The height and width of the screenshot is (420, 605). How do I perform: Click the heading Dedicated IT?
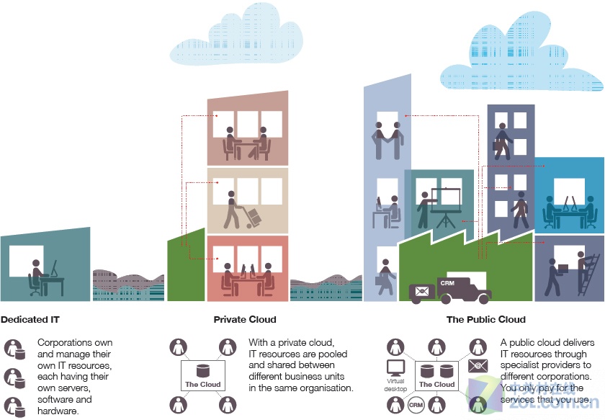click(x=30, y=320)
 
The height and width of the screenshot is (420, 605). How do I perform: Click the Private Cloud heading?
click(x=245, y=320)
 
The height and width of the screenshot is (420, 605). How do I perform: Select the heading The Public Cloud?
click(x=486, y=320)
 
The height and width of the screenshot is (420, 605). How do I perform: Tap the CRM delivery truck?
click(x=450, y=290)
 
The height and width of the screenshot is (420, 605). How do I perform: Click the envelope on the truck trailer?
click(x=422, y=291)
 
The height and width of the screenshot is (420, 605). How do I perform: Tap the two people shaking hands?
click(x=387, y=140)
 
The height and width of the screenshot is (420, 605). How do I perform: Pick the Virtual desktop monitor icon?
click(x=396, y=368)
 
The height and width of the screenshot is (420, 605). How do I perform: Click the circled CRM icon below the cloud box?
click(x=416, y=405)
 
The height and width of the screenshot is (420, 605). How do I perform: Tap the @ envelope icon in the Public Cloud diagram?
click(x=478, y=365)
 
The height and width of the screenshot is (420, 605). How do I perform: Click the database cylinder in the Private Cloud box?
click(x=202, y=371)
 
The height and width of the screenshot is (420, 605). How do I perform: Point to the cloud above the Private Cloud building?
click(x=236, y=35)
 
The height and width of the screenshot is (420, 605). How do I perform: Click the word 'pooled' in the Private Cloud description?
click(x=332, y=354)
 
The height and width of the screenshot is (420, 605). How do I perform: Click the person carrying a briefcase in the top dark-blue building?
click(x=501, y=142)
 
